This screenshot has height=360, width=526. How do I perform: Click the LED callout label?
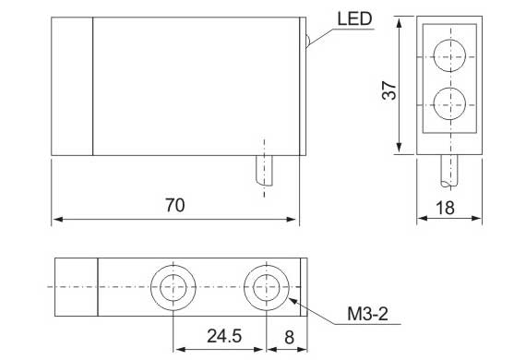(354, 18)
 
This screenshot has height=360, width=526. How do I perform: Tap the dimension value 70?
(174, 205)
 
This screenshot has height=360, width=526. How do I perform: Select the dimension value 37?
(389, 90)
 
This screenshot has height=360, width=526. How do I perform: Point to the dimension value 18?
(445, 208)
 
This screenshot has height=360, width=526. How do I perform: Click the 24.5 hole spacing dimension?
(224, 336)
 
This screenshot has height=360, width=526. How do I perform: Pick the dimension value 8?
(289, 338)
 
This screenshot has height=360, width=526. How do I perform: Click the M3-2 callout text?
(367, 314)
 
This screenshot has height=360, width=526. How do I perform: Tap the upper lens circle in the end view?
(449, 55)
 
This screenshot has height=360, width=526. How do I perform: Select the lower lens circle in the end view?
(449, 103)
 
